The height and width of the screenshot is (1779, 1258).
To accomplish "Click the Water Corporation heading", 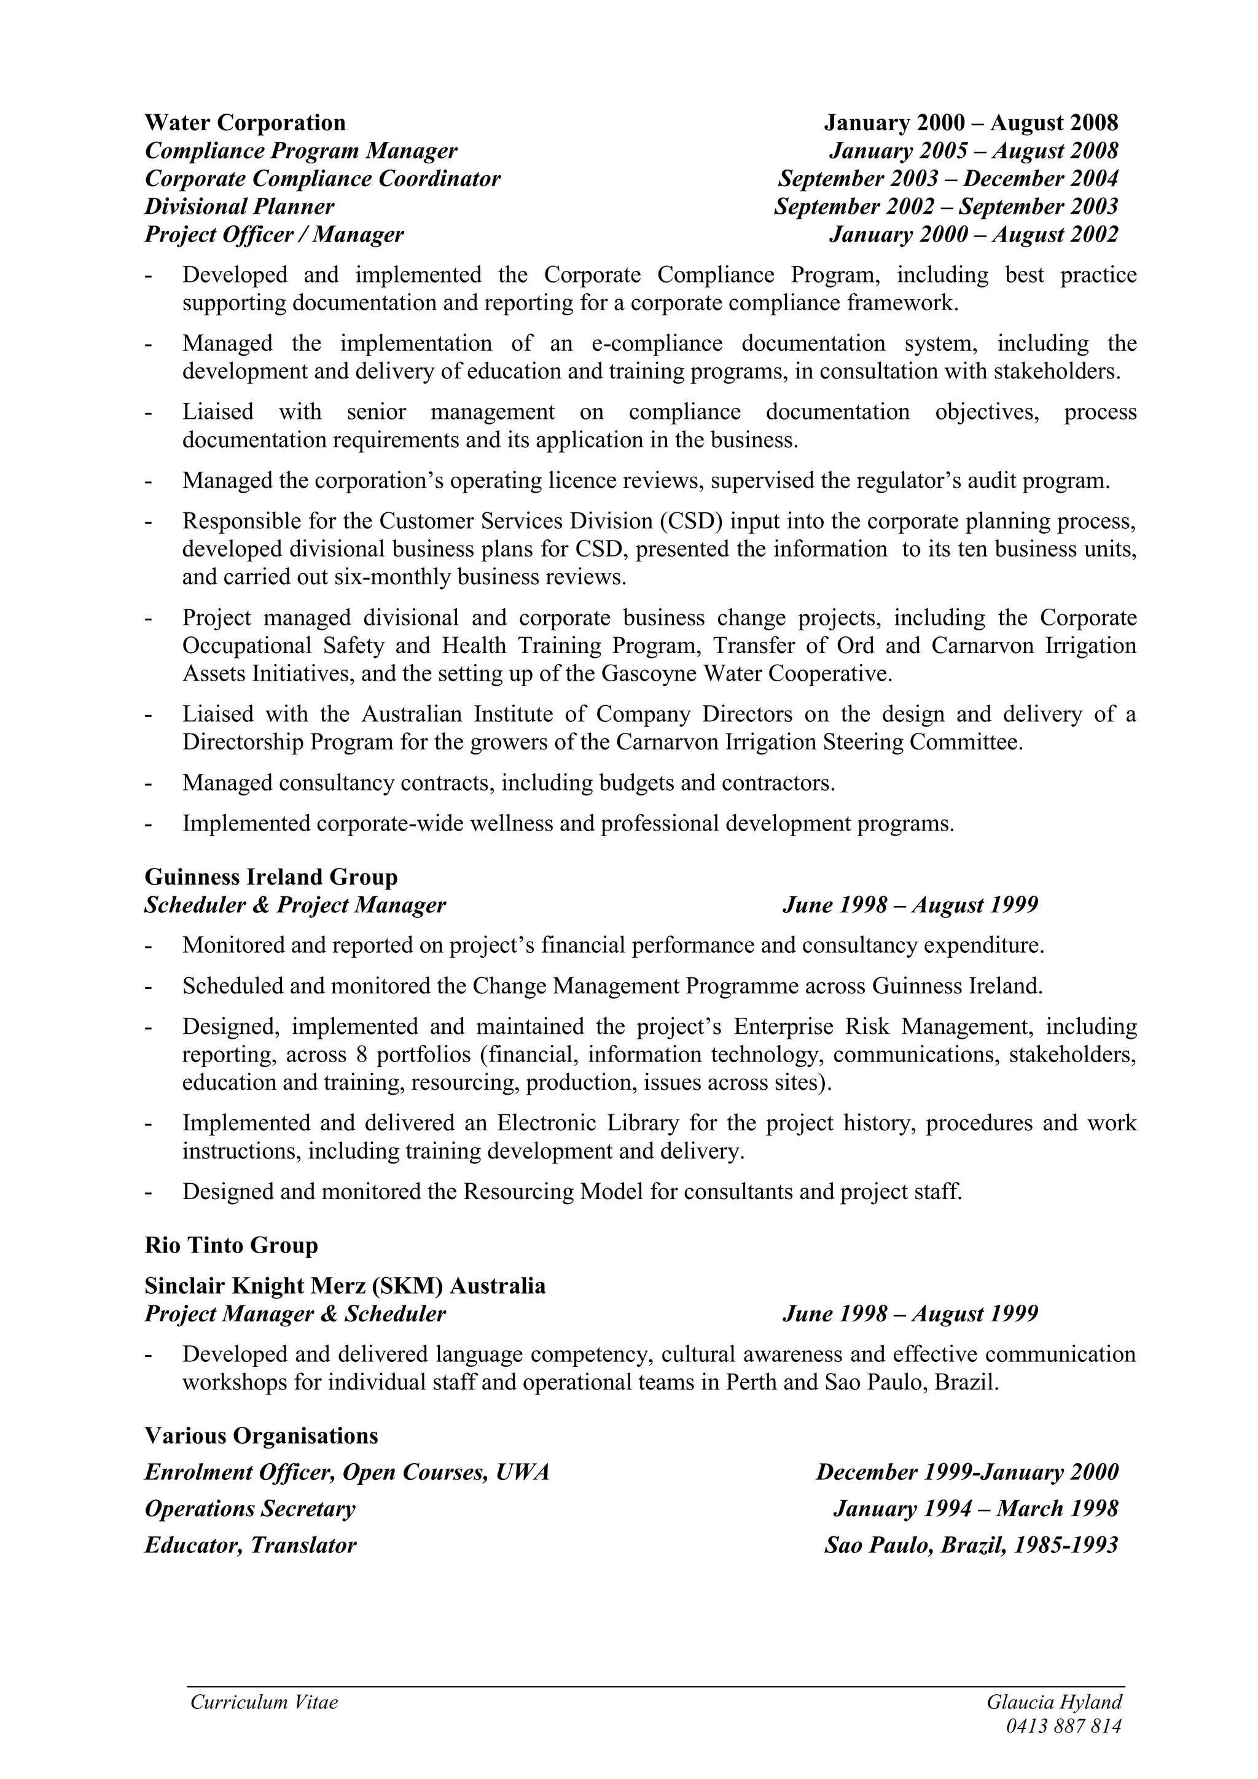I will (245, 122).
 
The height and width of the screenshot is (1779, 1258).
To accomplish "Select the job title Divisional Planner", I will (240, 206).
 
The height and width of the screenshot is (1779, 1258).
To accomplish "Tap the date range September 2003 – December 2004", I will (948, 178).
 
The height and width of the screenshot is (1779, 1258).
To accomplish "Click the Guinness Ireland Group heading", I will (271, 877).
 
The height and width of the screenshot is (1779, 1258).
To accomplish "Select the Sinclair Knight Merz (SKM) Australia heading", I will (345, 1286).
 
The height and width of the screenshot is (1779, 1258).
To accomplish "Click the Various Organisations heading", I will (261, 1435).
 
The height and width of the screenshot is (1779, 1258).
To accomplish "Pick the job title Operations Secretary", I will (249, 1508).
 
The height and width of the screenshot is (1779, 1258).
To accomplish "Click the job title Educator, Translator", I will (250, 1545).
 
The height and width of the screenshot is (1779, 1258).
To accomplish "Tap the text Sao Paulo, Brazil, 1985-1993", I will (971, 1545).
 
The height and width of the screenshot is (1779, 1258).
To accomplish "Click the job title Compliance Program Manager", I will (300, 151).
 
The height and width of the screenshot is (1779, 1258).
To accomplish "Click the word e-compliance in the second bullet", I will (656, 343).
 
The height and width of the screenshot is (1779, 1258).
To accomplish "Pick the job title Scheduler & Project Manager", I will (295, 904).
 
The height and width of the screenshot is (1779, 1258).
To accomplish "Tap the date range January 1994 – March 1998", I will (975, 1508).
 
